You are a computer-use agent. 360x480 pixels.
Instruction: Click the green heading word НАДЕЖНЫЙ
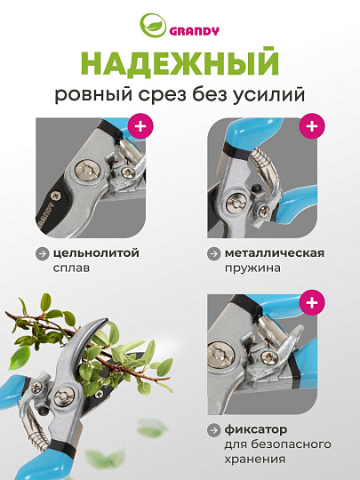click(x=180, y=65)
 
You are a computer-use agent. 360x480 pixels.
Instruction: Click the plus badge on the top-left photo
click(x=139, y=125)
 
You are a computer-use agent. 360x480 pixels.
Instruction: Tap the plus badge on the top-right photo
click(x=310, y=125)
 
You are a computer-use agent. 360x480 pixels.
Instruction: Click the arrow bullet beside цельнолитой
click(x=42, y=253)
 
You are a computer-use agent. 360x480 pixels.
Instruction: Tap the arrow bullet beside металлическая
click(x=214, y=253)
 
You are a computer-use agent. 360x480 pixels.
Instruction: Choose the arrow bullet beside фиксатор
click(x=214, y=429)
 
